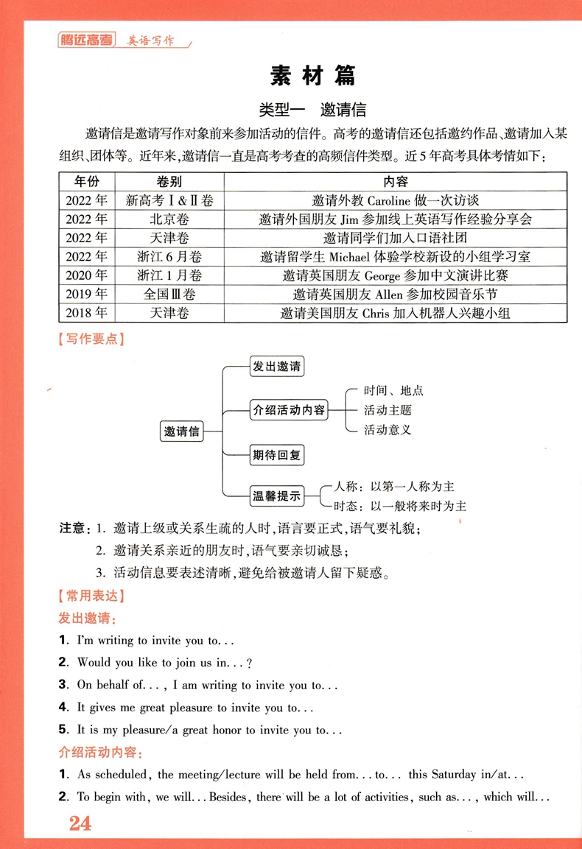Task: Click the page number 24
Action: tap(80, 823)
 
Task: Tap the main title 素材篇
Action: tap(312, 76)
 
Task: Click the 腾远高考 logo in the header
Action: tap(86, 41)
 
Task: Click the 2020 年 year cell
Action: tap(86, 275)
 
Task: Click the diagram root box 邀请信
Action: tap(182, 431)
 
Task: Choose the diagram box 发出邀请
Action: tap(276, 367)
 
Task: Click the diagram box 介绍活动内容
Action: tap(289, 410)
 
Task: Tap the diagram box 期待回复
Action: tap(276, 455)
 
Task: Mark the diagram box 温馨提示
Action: tap(277, 496)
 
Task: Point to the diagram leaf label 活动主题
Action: tap(388, 410)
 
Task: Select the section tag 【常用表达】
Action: tap(91, 595)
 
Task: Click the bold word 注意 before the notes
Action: tap(72, 529)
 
